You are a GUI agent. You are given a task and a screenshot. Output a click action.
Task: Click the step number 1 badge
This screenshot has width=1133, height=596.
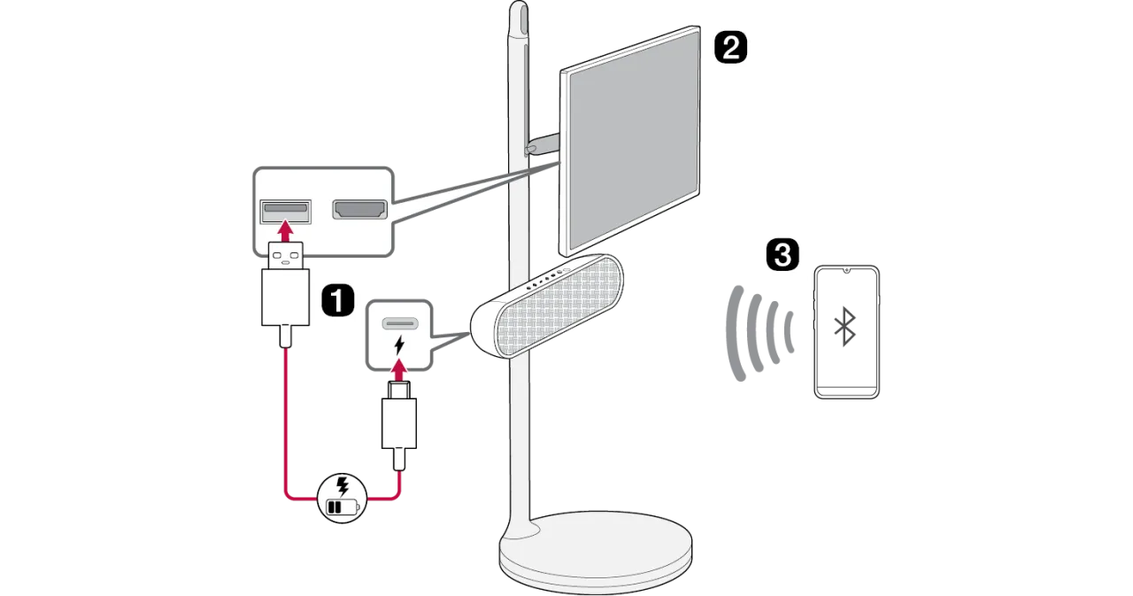click(x=337, y=300)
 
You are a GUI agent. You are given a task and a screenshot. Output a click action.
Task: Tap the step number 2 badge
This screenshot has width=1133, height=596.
click(x=728, y=47)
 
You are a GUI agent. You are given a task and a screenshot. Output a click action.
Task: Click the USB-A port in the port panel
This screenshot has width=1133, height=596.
click(x=285, y=211)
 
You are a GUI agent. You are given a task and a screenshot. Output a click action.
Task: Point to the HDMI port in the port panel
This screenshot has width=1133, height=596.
click(x=358, y=210)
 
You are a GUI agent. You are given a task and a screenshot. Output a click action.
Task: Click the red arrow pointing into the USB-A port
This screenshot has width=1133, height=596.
click(x=285, y=232)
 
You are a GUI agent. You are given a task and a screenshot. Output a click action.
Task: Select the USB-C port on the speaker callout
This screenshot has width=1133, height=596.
click(x=398, y=321)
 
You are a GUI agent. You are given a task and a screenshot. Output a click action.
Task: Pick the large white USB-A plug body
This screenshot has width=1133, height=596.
click(x=285, y=297)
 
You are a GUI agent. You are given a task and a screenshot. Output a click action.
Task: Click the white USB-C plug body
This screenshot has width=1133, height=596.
click(x=399, y=422)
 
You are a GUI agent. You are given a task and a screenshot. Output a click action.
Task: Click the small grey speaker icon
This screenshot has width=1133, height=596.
click(x=844, y=327)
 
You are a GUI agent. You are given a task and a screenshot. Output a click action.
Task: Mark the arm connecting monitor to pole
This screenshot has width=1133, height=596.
click(x=542, y=143)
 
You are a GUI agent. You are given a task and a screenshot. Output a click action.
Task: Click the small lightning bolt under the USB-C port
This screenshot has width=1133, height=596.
click(x=398, y=343)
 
